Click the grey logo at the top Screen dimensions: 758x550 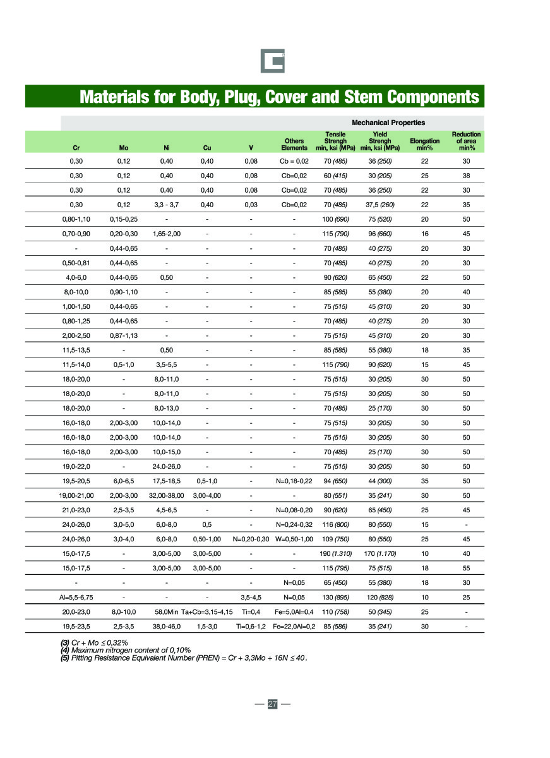pyautogui.click(x=273, y=61)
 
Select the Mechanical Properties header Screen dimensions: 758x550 pyautogui.click(x=388, y=123)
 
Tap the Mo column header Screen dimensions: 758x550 pyautogui.click(x=124, y=148)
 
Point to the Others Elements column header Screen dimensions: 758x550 pyautogui.click(x=294, y=144)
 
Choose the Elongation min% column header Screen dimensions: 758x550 pyautogui.click(x=424, y=144)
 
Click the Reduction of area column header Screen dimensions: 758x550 pyautogui.click(x=466, y=141)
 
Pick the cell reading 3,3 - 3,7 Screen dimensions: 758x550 pyautogui.click(x=167, y=205)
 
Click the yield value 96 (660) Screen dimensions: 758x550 pyautogui.click(x=381, y=234)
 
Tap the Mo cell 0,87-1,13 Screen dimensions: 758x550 pyautogui.click(x=124, y=335)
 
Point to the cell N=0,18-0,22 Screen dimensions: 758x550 pyautogui.click(x=294, y=481)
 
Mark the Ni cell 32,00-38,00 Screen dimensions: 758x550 pyautogui.click(x=167, y=495)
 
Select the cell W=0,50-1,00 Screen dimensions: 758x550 pyautogui.click(x=294, y=539)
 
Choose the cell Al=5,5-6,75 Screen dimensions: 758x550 pyautogui.click(x=76, y=597)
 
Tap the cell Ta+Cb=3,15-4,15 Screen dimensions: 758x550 pyautogui.click(x=207, y=611)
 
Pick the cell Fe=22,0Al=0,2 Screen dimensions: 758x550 pyautogui.click(x=294, y=626)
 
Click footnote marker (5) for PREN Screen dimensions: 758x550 pyautogui.click(x=65, y=658)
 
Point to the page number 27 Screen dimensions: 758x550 pyautogui.click(x=273, y=704)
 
